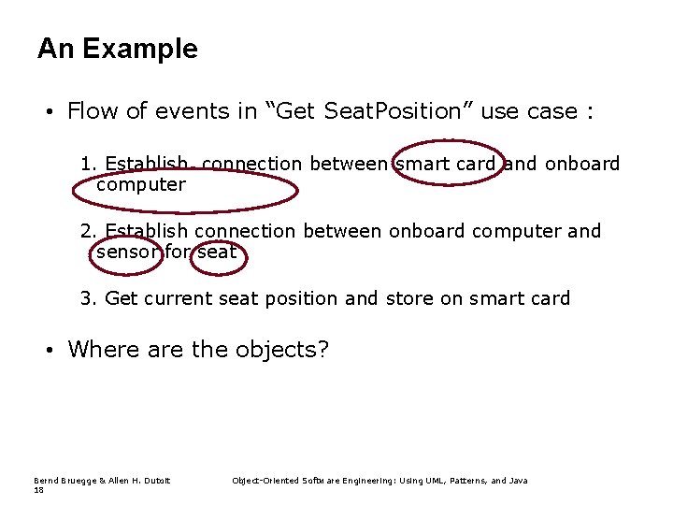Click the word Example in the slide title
coord(139,49)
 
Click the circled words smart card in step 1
coord(446,165)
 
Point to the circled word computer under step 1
coord(141,185)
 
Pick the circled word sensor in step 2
coord(129,252)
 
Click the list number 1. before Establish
coord(90,165)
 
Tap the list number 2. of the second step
coord(90,231)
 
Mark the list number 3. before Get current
coord(90,298)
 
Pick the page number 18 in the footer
coord(38,490)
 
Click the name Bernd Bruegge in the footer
coord(64,481)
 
